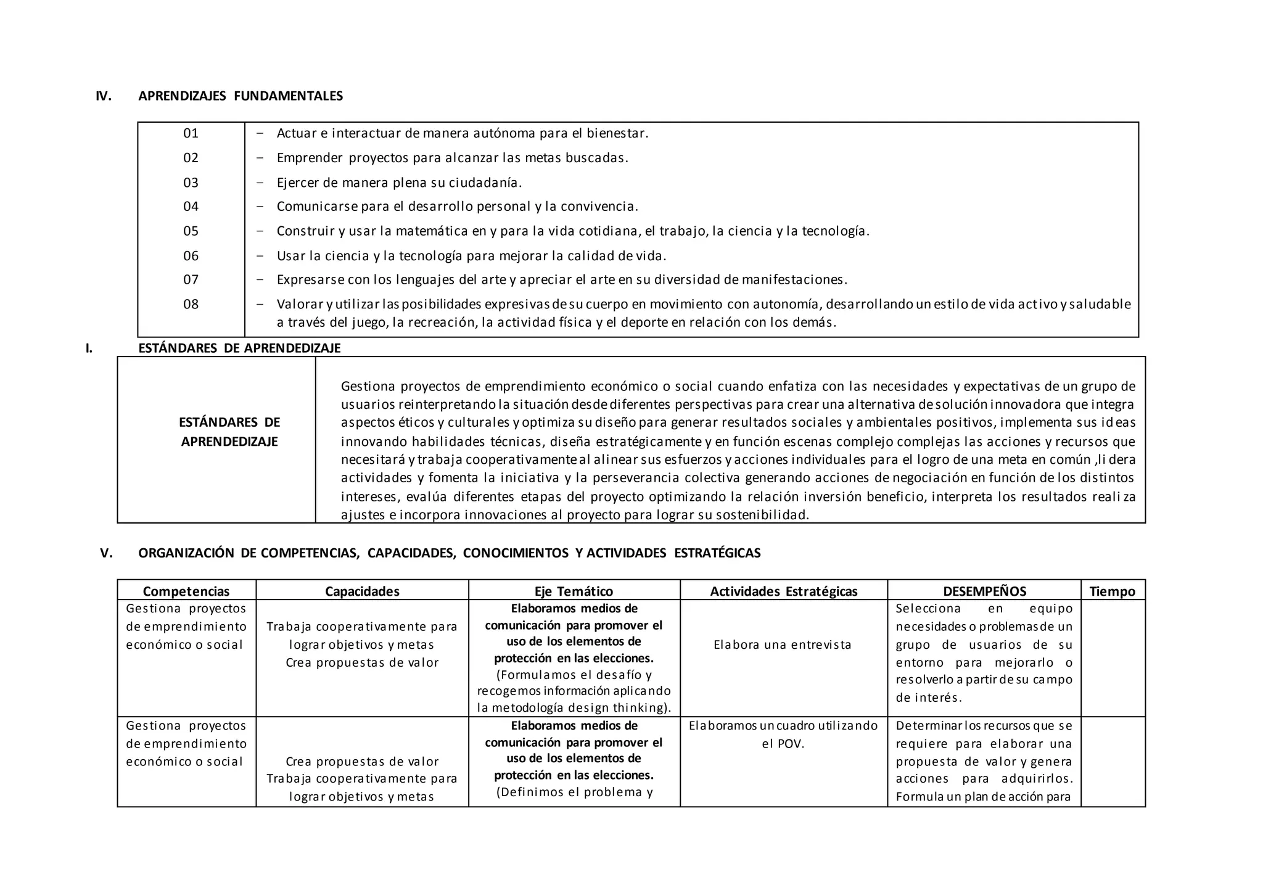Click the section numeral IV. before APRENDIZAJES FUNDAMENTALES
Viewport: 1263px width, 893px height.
[104, 96]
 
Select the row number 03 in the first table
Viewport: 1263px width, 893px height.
[191, 183]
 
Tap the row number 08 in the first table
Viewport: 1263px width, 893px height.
[191, 304]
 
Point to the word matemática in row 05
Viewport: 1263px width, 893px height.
[432, 231]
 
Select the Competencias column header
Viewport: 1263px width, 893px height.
[186, 591]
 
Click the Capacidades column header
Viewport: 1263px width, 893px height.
[362, 591]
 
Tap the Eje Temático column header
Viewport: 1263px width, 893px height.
[574, 591]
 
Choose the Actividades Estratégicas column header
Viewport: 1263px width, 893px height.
[783, 591]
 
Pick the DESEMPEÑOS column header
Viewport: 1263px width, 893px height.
[984, 591]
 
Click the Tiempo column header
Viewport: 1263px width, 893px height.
[1112, 591]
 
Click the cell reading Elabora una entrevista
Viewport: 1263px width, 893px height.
[782, 645]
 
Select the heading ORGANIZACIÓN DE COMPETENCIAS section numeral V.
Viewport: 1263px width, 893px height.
[107, 553]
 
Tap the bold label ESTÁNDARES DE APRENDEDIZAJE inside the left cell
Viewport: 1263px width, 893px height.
[229, 432]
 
